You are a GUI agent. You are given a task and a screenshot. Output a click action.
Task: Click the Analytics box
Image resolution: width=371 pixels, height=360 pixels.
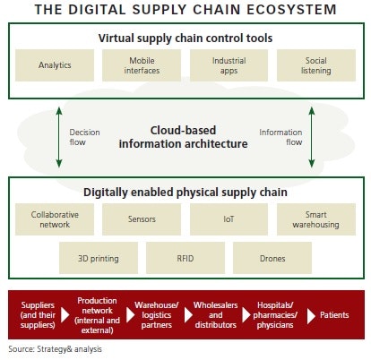click(55, 64)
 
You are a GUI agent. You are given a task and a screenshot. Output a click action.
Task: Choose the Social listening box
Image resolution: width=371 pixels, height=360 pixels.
click(316, 64)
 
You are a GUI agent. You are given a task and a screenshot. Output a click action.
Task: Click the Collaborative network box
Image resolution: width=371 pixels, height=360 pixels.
click(55, 219)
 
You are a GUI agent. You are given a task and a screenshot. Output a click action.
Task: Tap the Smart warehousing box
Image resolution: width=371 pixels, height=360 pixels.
click(316, 219)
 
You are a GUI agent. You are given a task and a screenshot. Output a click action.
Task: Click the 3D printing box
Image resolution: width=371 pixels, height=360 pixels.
click(99, 258)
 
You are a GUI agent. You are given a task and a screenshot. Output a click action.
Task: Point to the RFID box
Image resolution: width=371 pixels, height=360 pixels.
click(185, 258)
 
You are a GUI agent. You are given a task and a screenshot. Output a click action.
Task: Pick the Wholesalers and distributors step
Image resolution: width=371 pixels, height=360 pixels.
click(216, 313)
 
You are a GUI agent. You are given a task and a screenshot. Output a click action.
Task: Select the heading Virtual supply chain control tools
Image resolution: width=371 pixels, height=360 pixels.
click(185, 39)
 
